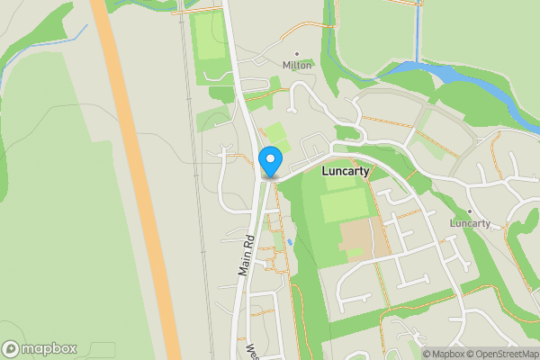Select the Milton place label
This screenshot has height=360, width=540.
point(297,66)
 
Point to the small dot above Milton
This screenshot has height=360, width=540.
point(297,54)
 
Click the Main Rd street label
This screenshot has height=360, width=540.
point(246,256)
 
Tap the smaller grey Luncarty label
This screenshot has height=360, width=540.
point(469,223)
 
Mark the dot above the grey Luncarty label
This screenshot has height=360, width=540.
point(469,211)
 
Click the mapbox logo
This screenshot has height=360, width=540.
point(40,348)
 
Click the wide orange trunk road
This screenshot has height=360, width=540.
point(135,180)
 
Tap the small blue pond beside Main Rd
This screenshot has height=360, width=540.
point(291,243)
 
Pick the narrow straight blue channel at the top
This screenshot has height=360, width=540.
point(417,31)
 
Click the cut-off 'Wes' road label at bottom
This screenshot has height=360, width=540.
point(253,349)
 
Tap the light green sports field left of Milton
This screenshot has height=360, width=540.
point(209,40)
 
